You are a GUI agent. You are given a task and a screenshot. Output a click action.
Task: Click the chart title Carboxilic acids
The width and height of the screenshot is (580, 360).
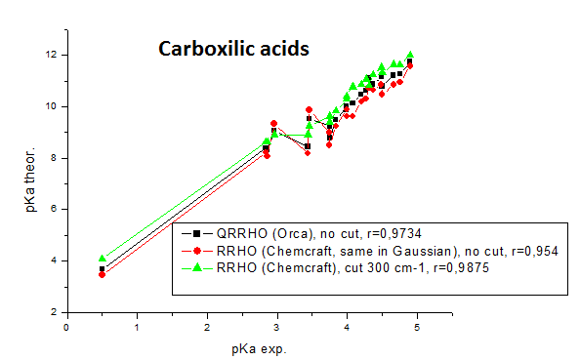pos(234,48)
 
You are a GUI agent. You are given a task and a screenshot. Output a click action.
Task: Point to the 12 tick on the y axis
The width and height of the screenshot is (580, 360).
pos(53,54)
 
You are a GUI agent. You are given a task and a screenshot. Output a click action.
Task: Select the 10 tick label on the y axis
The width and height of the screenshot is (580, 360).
pos(53,105)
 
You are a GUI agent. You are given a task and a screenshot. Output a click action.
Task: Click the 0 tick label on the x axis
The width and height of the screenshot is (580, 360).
pos(66,327)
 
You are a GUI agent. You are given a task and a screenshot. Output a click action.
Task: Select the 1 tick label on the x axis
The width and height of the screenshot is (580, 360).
pos(137,327)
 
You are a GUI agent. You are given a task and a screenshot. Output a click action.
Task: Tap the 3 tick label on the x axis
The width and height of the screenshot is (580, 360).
pos(277,327)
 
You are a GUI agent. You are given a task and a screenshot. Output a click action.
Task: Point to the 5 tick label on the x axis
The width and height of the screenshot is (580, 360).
pos(418,327)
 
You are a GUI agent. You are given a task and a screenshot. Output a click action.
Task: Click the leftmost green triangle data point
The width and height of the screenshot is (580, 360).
pos(102,258)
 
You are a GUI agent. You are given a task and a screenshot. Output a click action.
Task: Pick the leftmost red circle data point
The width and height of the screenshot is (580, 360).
pos(102,274)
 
